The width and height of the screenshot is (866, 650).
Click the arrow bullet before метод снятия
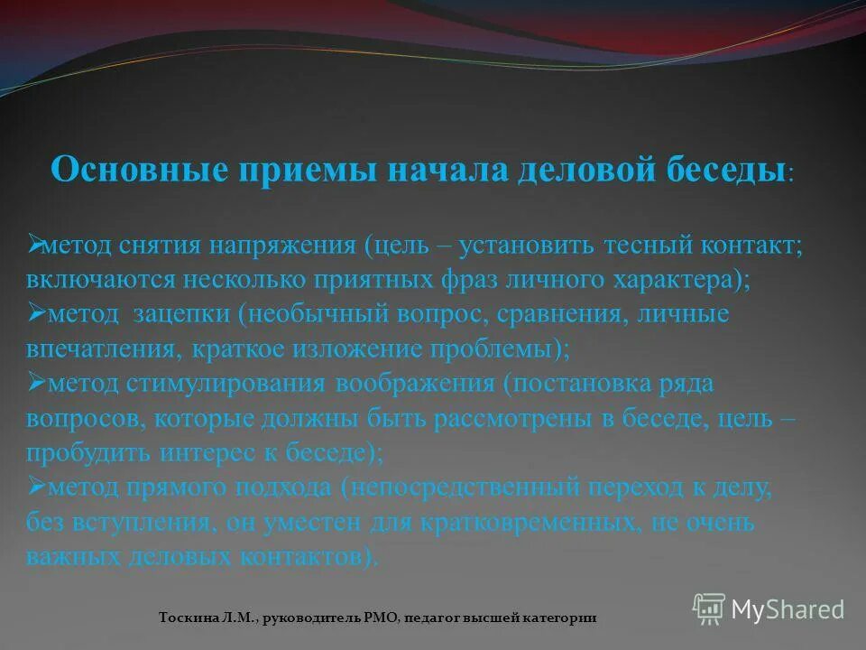(35, 243)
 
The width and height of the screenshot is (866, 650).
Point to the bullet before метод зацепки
(35, 311)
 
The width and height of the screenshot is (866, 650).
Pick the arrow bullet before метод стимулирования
(35, 381)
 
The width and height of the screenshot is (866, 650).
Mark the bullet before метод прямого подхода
(35, 486)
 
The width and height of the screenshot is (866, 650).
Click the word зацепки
(183, 314)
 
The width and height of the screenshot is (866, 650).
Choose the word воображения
(415, 383)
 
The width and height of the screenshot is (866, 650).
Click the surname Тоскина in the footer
(187, 617)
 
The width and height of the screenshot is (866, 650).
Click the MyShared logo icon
(709, 609)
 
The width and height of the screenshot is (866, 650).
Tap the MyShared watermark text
(788, 609)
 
